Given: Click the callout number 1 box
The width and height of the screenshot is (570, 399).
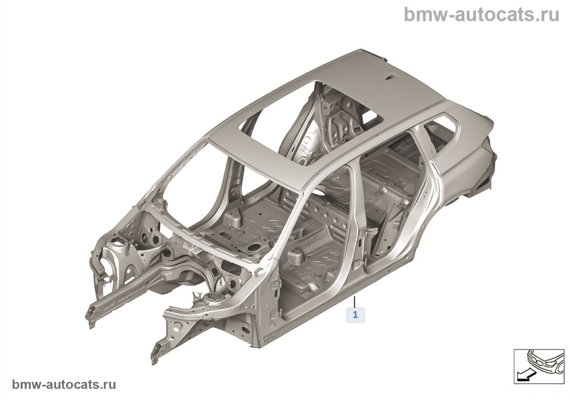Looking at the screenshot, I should (355, 314).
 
